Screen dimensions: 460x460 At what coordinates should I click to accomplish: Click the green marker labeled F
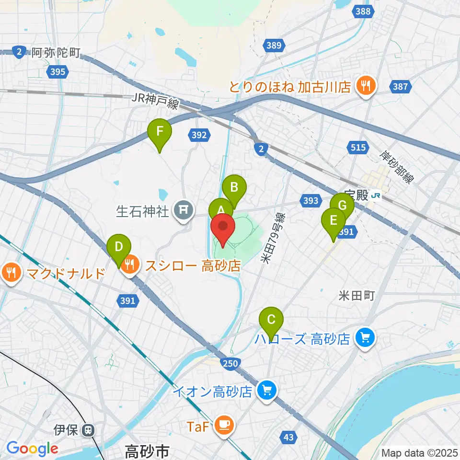(160, 131)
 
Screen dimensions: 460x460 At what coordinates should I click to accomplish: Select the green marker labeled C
(271, 320)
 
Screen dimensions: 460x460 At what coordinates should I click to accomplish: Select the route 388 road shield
(363, 11)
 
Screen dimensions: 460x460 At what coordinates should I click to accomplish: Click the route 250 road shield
(230, 364)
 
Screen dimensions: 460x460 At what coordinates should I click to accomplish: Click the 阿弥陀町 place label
(56, 52)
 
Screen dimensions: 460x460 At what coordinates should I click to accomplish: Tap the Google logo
(33, 448)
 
